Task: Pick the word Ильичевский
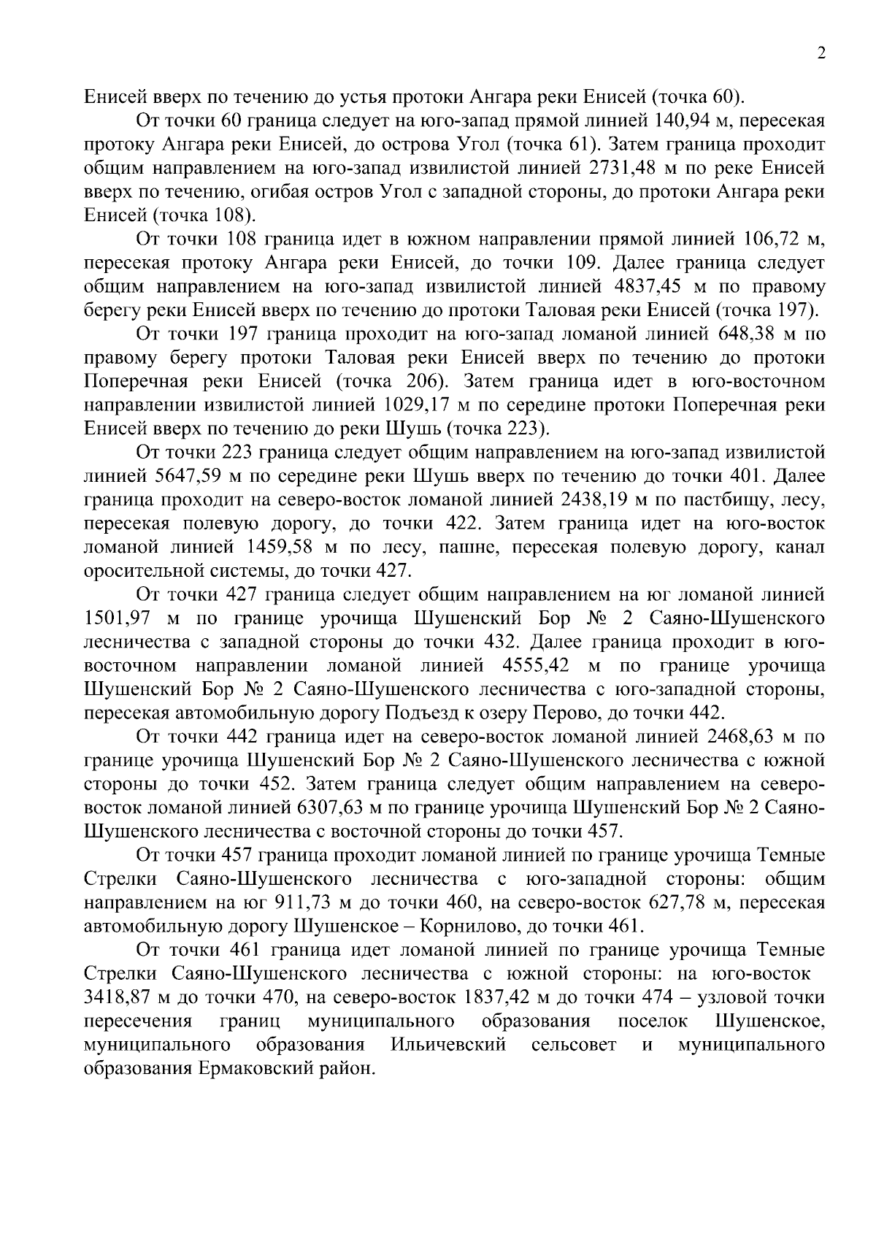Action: point(449,1045)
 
